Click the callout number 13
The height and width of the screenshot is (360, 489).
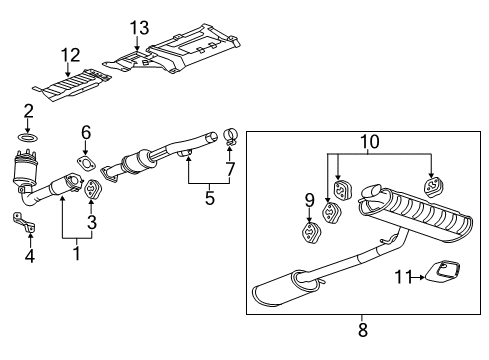point(138,26)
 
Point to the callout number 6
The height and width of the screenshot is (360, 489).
point(85,132)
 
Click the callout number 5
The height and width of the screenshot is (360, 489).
point(210,198)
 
